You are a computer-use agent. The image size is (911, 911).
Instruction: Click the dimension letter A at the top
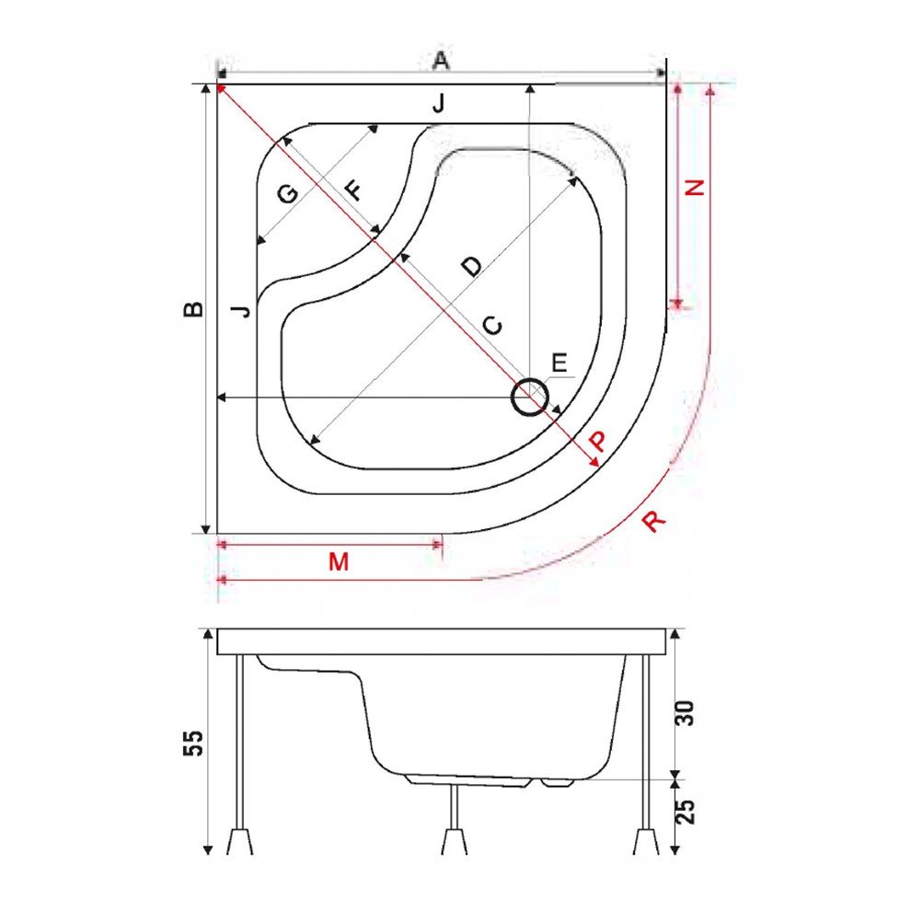tap(441, 61)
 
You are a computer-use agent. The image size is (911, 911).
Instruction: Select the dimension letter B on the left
tap(192, 309)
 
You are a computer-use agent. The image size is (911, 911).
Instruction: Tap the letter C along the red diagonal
tap(493, 325)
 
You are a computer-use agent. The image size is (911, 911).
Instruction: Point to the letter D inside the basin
tap(470, 266)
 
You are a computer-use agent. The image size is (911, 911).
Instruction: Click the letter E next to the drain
tap(559, 363)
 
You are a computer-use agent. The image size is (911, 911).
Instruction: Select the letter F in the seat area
tap(353, 191)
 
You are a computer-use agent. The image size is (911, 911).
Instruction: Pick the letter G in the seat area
tap(287, 194)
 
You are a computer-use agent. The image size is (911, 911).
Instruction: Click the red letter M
tap(339, 561)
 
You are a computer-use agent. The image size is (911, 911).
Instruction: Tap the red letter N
tap(696, 186)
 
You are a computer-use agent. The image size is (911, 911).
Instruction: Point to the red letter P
tap(597, 442)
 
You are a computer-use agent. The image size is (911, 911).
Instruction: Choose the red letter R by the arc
tap(652, 521)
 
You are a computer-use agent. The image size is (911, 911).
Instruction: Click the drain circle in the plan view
tap(530, 398)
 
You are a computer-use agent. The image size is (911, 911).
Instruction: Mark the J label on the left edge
tap(240, 310)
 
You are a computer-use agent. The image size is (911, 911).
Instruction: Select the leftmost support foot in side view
tap(240, 840)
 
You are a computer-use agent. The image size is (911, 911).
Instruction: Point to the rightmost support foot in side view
tap(647, 840)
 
